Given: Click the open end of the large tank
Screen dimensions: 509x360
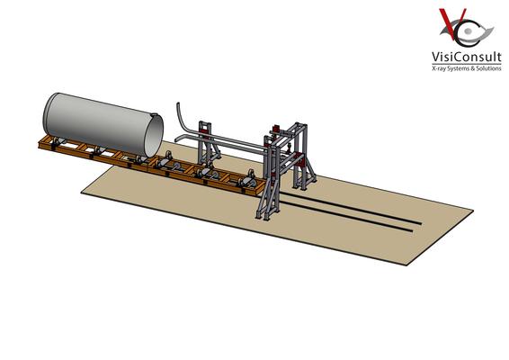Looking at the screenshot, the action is (154, 136).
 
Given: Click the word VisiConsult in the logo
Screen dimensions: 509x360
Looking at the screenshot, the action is (466, 58).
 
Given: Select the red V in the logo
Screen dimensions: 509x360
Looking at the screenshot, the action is (452, 23).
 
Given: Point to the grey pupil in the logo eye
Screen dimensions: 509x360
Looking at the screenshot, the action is (468, 31).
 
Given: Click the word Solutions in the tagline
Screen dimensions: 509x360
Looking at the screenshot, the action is (488, 68).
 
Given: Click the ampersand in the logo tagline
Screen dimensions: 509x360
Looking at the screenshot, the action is (473, 69).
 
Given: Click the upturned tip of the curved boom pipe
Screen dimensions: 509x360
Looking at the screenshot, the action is (178, 104).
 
